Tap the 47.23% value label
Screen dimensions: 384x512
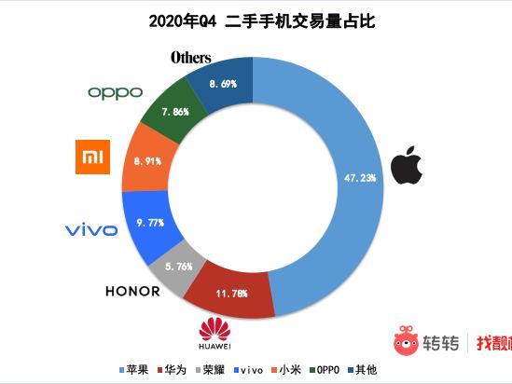pyautogui.click(x=358, y=176)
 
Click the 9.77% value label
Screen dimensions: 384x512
pyautogui.click(x=150, y=223)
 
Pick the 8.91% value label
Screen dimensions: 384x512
pyautogui.click(x=147, y=160)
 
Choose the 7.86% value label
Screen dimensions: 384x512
pyautogui.click(x=174, y=111)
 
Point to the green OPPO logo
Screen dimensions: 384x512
pyautogui.click(x=115, y=91)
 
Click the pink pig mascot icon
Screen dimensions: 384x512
pyautogui.click(x=405, y=341)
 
